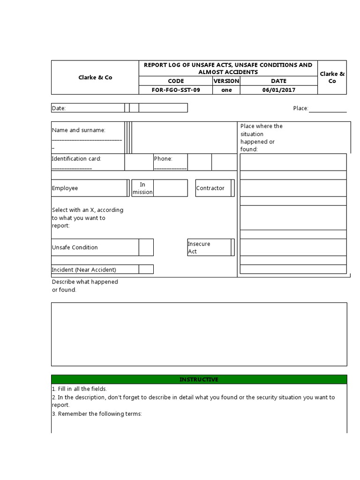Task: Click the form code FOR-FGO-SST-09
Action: [176, 90]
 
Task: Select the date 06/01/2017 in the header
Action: [278, 90]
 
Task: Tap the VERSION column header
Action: [226, 81]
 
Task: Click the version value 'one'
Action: [226, 90]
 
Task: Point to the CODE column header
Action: [176, 81]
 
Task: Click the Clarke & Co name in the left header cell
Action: [95, 77]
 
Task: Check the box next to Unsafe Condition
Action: [146, 247]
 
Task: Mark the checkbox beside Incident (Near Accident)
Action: [146, 270]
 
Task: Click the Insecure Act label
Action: [199, 247]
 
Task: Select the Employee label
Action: [65, 188]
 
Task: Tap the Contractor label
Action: [210, 188]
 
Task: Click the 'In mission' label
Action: [142, 188]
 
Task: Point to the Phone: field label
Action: [163, 159]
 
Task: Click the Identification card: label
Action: [76, 159]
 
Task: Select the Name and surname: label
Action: [78, 130]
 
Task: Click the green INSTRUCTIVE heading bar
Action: [199, 379]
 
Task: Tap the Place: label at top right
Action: [300, 108]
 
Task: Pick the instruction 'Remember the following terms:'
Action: [96, 414]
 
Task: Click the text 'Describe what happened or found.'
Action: [84, 285]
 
